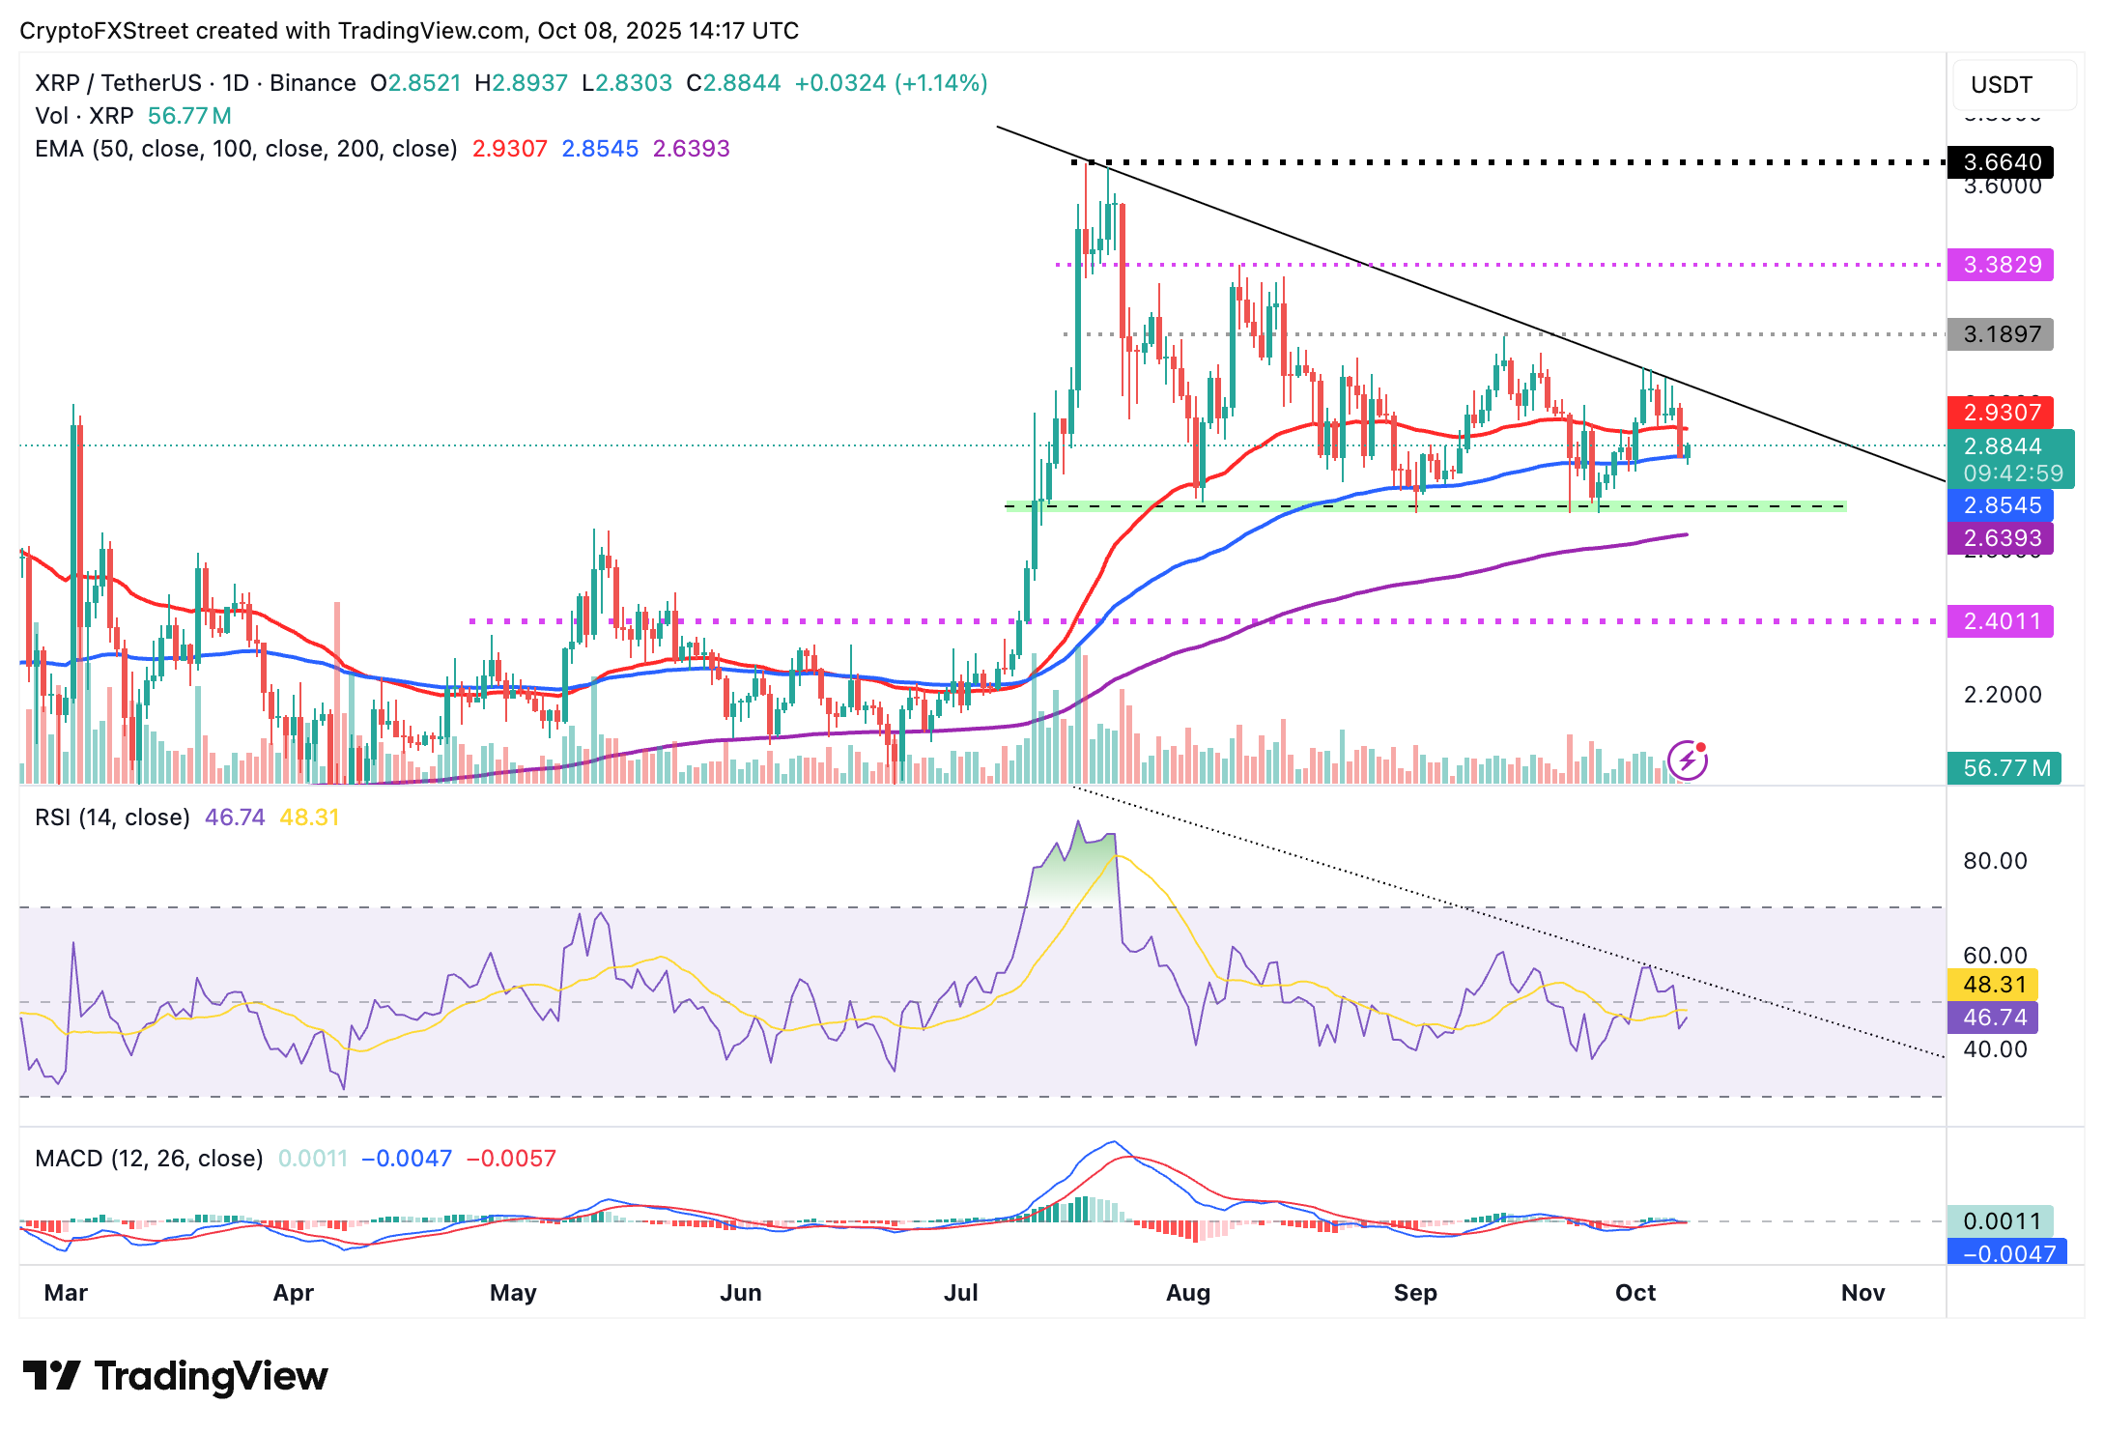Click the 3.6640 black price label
2001,162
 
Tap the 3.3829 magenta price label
2001,265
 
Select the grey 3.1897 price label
2001,334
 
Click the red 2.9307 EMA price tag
2001,413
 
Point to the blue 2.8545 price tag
2001,505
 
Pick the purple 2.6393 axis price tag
2001,538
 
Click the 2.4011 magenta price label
2001,621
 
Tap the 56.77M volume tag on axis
2004,768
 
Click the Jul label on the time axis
961,1293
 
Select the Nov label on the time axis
1862,1293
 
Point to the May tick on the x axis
513,1293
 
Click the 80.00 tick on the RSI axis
1995,861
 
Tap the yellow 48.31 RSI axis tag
1995,985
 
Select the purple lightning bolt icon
1688,760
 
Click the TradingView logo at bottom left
175,1376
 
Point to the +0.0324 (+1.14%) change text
891,83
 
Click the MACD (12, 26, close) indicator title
149,1159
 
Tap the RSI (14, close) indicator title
112,817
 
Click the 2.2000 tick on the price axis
2003,695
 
